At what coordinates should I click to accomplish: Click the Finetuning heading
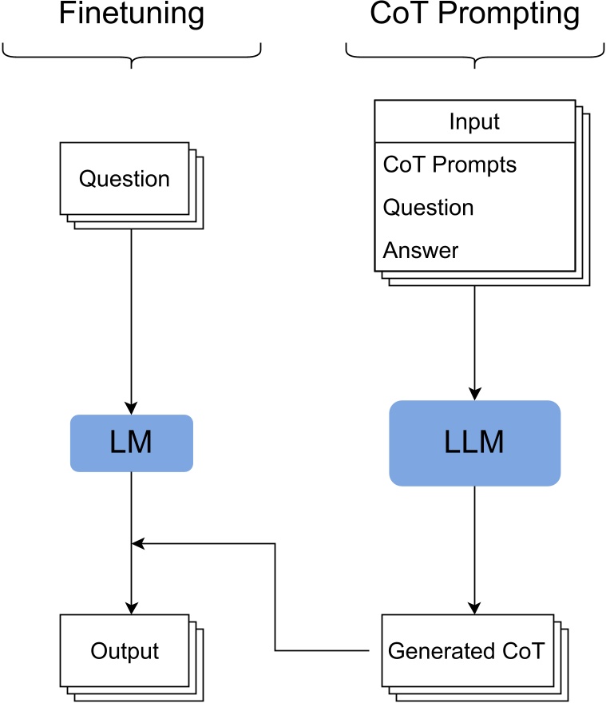coord(132,14)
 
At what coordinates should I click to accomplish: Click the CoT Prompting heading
coord(474,14)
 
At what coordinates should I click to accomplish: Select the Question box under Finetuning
coord(125,178)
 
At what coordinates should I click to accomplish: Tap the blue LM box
coord(132,443)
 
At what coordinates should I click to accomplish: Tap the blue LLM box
coord(474,443)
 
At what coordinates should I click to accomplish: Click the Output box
coord(125,650)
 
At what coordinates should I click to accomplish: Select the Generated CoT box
coord(466,650)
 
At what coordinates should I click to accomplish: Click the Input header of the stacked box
coord(474,121)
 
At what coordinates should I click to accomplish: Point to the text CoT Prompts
coord(450,165)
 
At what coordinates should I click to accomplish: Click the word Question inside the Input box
coord(428,208)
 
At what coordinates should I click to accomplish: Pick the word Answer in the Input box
coord(421,251)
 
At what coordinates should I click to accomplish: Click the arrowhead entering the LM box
coord(132,408)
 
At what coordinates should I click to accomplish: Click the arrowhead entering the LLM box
coord(475,394)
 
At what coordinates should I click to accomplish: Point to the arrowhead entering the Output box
coord(132,608)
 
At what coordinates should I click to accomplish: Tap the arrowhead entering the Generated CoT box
coord(475,608)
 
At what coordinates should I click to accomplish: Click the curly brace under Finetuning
coord(132,56)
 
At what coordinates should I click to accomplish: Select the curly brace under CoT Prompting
coord(474,56)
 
